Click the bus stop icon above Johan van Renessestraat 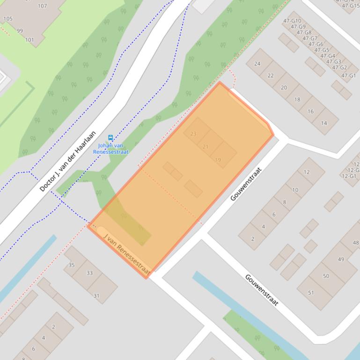click(x=110, y=137)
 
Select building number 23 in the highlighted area click(x=193, y=134)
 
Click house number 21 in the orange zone click(x=206, y=147)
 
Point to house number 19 click(x=218, y=160)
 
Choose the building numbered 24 click(x=257, y=64)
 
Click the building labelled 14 click(x=324, y=123)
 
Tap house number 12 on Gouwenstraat click(x=307, y=172)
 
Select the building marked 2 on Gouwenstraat click(x=253, y=239)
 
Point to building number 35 click(x=72, y=265)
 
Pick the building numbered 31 click(x=96, y=295)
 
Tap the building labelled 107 click(x=42, y=6)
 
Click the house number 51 click(x=311, y=293)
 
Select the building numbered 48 click(x=356, y=243)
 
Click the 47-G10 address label click(x=292, y=21)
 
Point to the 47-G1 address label click(x=349, y=75)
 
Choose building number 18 click(x=297, y=100)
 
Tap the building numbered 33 click(x=89, y=273)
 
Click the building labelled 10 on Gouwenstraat click(x=295, y=190)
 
